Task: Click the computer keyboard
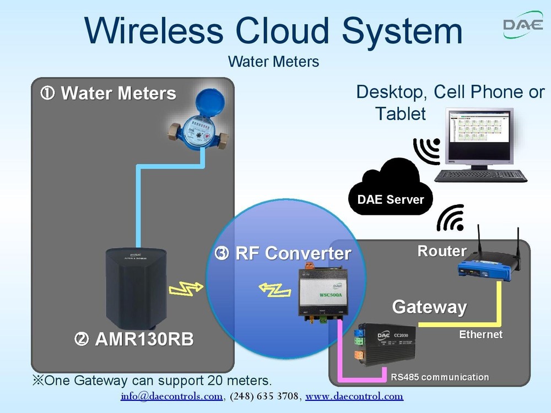(480, 176)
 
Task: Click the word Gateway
(429, 307)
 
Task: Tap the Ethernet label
(480, 334)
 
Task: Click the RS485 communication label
(440, 377)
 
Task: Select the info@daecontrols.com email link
(171, 396)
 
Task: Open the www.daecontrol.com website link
(354, 396)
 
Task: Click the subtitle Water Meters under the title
(273, 61)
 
